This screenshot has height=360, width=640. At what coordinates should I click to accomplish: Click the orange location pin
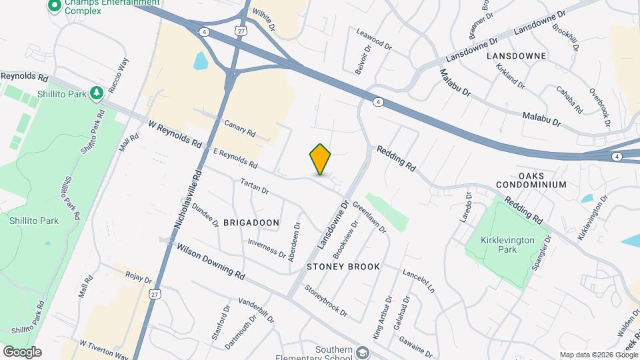pos(321,159)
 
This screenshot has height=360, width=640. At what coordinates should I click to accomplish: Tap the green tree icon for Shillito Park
pos(97,93)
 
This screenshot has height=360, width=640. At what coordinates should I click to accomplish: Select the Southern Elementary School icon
pos(363,352)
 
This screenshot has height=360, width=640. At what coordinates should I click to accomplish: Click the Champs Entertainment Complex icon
pos(54,7)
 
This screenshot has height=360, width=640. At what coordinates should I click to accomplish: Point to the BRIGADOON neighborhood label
pos(251,222)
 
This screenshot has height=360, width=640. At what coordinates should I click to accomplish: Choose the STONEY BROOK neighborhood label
pos(343,267)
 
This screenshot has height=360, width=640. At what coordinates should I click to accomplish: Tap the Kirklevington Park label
pos(499,244)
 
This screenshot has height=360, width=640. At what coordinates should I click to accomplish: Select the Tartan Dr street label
pos(255,187)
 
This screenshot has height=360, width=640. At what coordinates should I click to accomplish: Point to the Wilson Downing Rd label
pos(211,261)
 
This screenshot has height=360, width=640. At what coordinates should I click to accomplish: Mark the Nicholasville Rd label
pos(187,201)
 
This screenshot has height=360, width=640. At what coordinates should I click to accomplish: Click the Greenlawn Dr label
pos(369,217)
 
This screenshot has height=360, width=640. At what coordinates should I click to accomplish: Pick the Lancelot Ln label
pos(418,281)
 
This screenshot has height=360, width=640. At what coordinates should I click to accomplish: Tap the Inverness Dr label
pos(267,249)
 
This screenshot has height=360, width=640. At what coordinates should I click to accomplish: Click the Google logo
pos(22,351)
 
